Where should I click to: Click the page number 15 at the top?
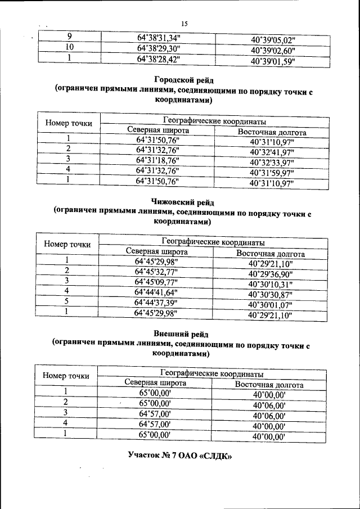184,23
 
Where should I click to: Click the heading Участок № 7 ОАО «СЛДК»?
180,454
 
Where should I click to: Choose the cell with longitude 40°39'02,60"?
273,51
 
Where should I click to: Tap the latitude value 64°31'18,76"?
157,161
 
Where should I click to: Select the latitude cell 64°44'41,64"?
157,292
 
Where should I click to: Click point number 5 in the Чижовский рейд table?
66,302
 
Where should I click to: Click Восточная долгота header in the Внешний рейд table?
269,385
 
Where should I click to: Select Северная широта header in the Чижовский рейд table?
157,252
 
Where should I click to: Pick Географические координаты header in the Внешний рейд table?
212,373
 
